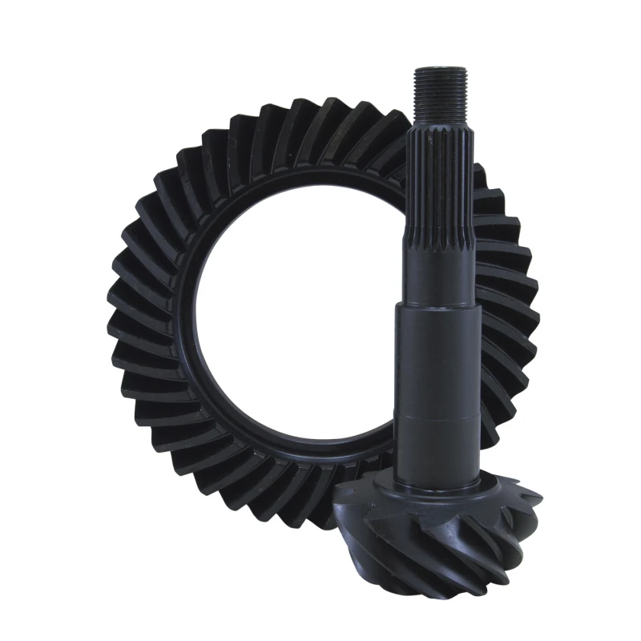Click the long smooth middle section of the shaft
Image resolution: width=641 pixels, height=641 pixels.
[x=438, y=361]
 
